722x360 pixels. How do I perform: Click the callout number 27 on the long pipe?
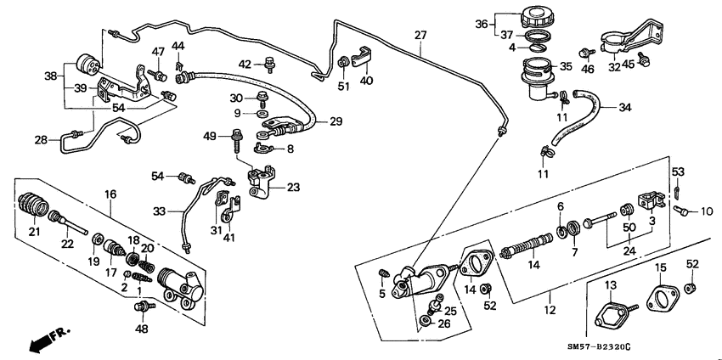point(420,35)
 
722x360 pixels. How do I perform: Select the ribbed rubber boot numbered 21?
point(33,208)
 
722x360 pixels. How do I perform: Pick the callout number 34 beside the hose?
point(625,108)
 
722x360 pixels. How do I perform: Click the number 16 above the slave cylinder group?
point(110,194)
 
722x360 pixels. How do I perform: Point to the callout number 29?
point(336,122)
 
